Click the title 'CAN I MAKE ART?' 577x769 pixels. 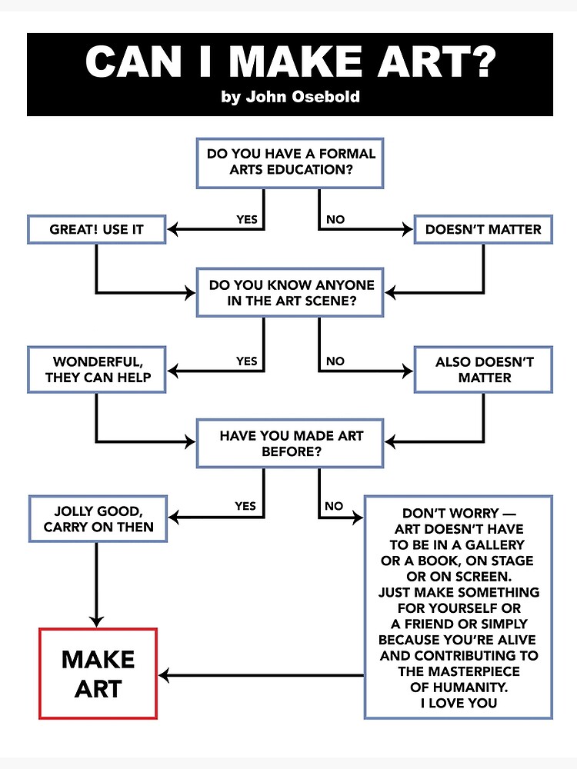(x=290, y=63)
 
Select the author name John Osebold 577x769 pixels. (x=290, y=98)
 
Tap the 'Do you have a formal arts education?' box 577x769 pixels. (x=290, y=162)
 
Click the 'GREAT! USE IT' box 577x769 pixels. (x=96, y=229)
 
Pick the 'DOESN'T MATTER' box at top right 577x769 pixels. (x=483, y=229)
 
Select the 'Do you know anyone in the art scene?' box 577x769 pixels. (x=290, y=292)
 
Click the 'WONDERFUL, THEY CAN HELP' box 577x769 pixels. (x=96, y=369)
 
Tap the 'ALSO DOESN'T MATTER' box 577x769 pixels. (x=483, y=369)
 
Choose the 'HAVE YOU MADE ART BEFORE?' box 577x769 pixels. (x=290, y=443)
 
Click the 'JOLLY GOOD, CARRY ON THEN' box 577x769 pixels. (x=98, y=519)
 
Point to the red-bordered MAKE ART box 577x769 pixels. (x=98, y=673)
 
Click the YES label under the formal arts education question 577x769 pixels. (x=246, y=219)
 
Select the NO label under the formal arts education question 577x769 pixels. (x=335, y=219)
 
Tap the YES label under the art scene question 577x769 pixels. (x=246, y=361)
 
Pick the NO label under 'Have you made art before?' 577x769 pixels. (x=334, y=506)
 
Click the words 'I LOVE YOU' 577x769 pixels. (x=459, y=702)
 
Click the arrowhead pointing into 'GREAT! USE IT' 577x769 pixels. (x=173, y=229)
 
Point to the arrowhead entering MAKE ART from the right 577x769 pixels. (x=164, y=676)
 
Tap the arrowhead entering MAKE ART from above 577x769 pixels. (x=97, y=621)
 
